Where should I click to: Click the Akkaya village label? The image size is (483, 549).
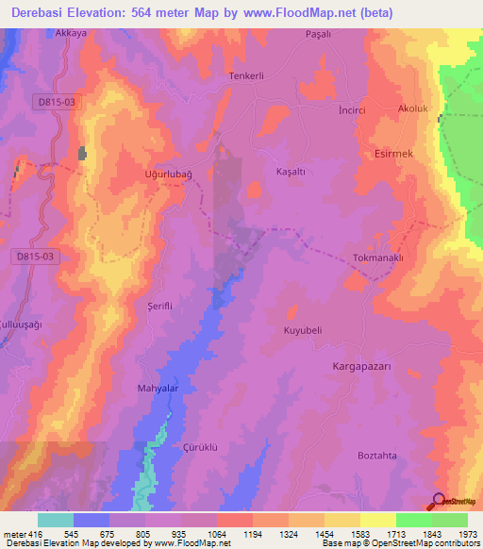click(72, 32)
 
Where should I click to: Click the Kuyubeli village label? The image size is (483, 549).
click(304, 331)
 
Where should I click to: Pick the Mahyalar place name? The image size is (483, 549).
click(158, 388)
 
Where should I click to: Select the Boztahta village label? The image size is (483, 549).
click(377, 456)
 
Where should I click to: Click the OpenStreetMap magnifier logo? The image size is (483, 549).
click(439, 501)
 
